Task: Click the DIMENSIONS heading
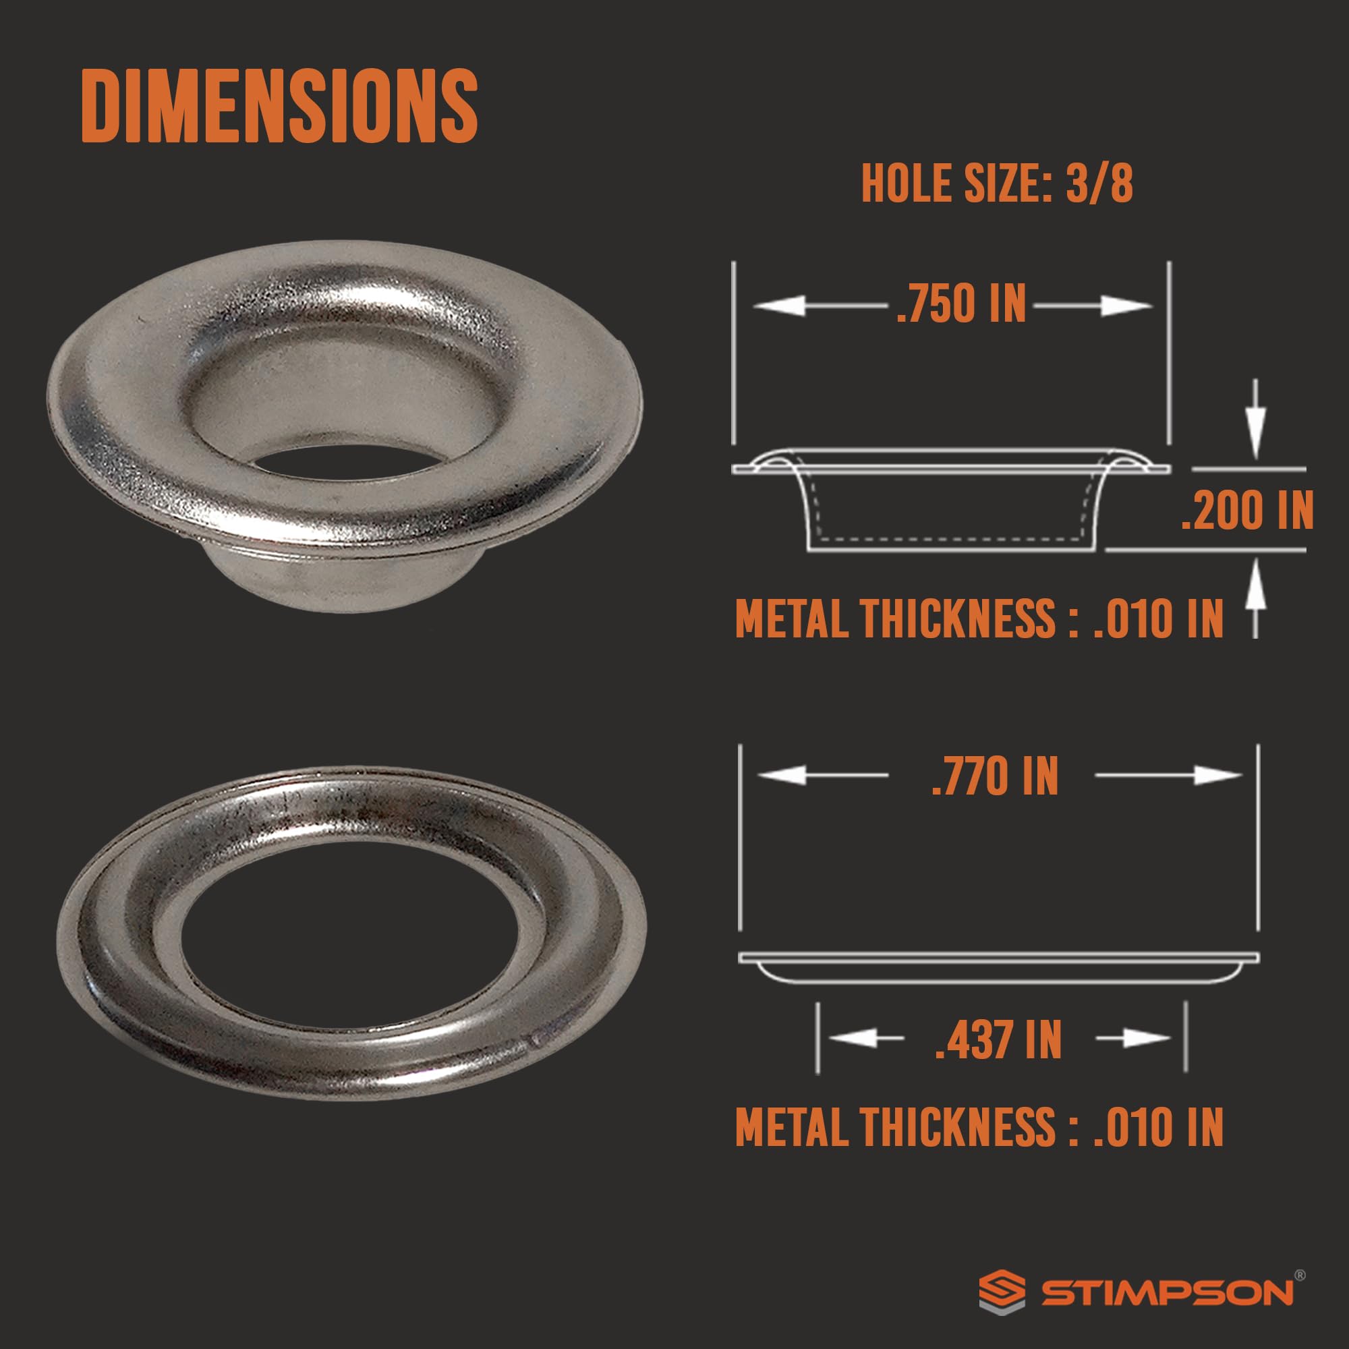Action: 279,106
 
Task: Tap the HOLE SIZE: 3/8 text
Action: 996,184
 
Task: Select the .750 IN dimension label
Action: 961,304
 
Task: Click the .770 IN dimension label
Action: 995,776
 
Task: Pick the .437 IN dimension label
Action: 998,1039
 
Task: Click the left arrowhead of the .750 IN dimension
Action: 779,305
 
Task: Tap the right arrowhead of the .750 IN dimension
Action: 1126,305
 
